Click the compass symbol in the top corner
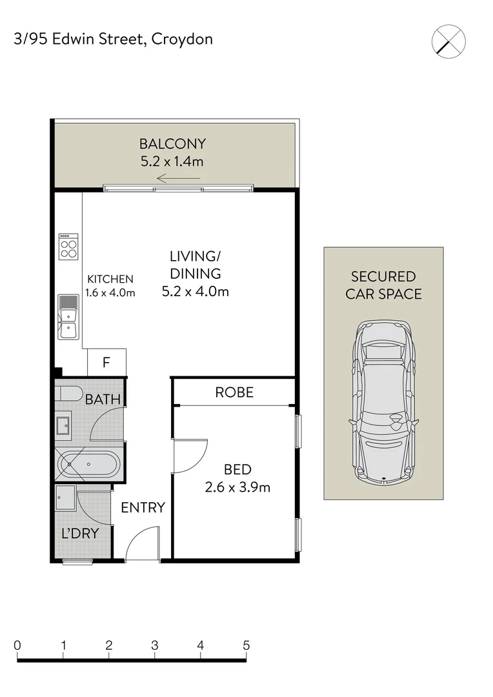(x=448, y=41)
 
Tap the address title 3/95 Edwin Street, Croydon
(x=114, y=39)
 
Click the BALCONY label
(x=172, y=144)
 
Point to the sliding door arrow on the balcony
(x=179, y=179)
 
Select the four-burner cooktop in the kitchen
(x=68, y=247)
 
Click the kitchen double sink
(x=68, y=317)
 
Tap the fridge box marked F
(x=106, y=363)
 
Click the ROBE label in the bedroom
(x=234, y=392)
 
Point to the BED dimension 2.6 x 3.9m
(x=237, y=487)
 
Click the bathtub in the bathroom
(x=89, y=464)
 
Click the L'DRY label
(x=81, y=534)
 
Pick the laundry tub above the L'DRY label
(x=65, y=498)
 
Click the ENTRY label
(x=143, y=508)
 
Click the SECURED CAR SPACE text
(x=383, y=285)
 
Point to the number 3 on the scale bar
(x=155, y=645)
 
